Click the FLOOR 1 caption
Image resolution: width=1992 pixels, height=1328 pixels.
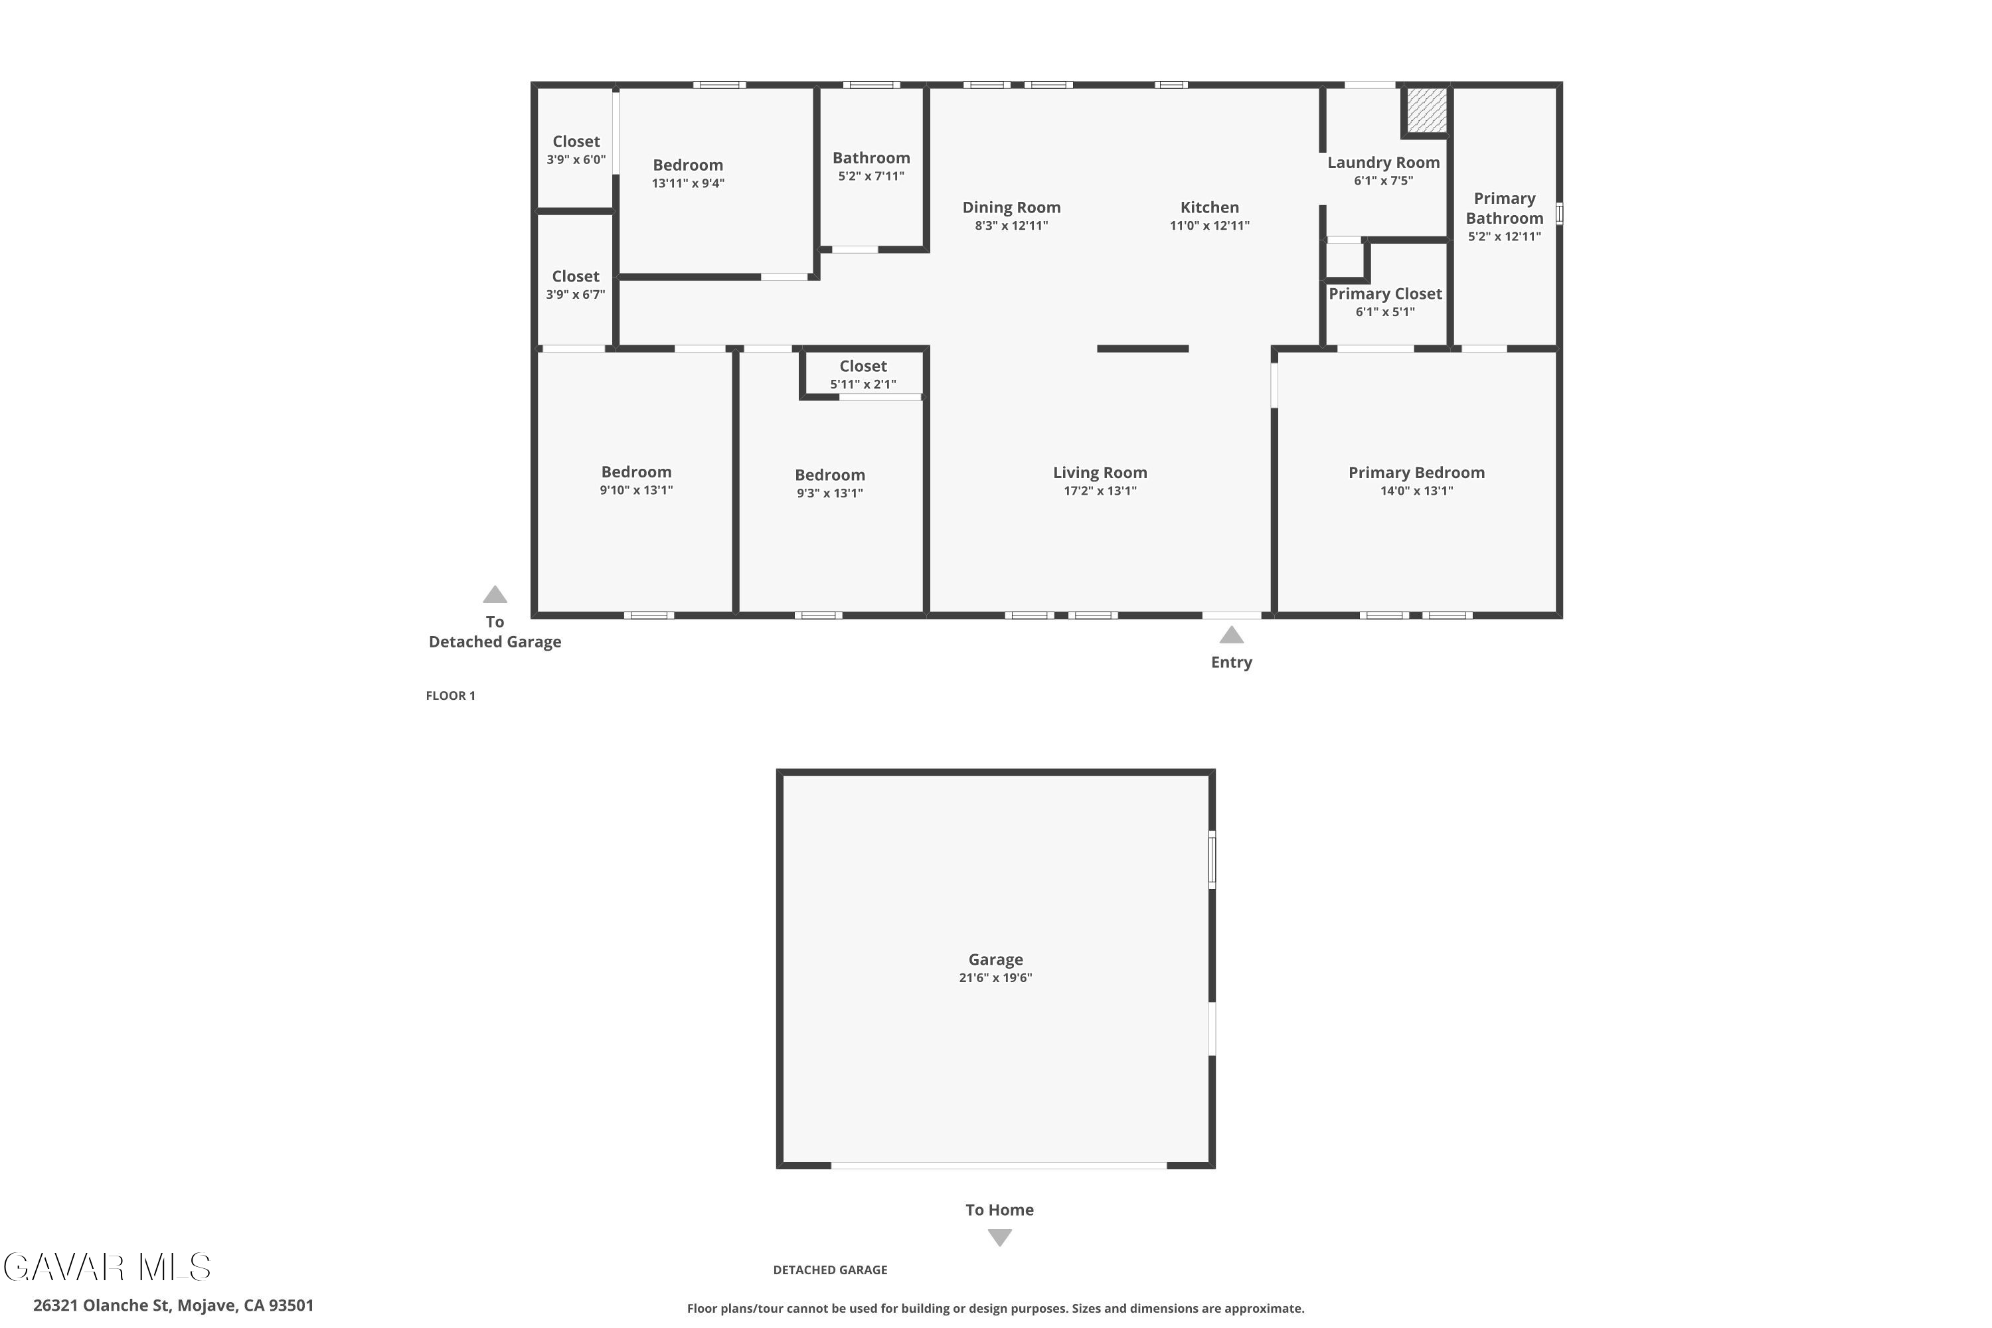coord(451,696)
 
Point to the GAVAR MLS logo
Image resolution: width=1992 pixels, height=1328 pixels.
coord(108,1267)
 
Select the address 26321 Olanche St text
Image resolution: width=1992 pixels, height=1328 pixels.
coord(102,1305)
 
